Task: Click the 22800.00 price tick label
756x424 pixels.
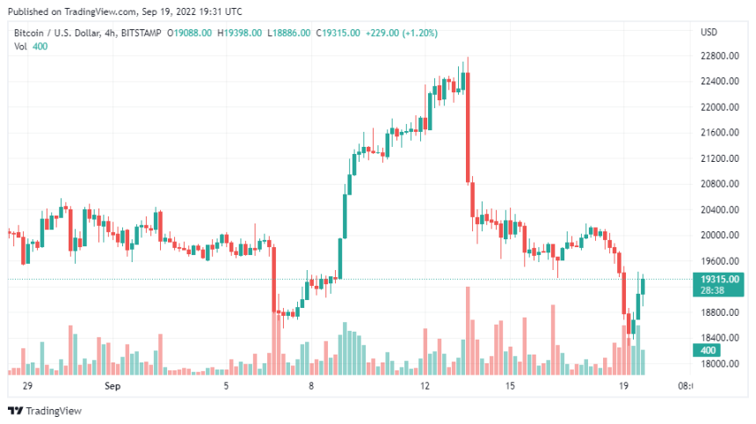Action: point(718,55)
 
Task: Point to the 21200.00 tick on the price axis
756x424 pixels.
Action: point(718,158)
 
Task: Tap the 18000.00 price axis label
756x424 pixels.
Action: point(718,363)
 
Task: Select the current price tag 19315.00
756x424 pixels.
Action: point(718,278)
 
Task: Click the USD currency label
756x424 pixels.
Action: point(709,33)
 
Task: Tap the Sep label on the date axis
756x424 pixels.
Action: point(112,386)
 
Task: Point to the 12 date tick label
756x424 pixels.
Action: point(425,386)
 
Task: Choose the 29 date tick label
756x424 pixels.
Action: point(27,386)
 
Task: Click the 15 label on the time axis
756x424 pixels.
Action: point(510,386)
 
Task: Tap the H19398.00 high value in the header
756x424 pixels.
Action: point(240,33)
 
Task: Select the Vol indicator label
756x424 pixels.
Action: point(20,46)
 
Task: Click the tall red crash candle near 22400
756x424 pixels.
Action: point(468,128)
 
